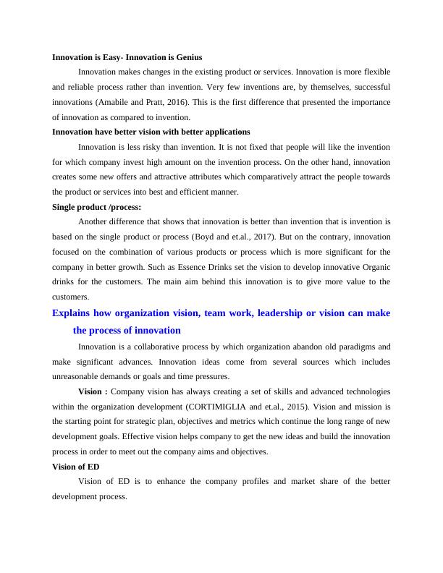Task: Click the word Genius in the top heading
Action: (x=187, y=56)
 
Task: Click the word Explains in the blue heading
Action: (x=75, y=313)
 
